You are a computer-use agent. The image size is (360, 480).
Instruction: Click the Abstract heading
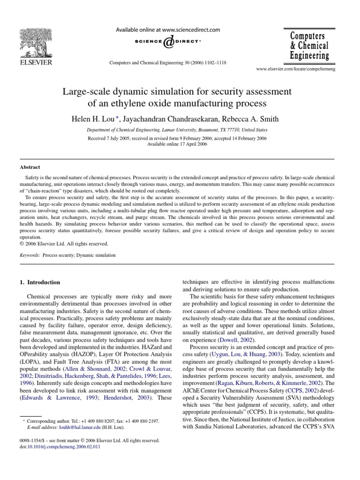pyautogui.click(x=30, y=167)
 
